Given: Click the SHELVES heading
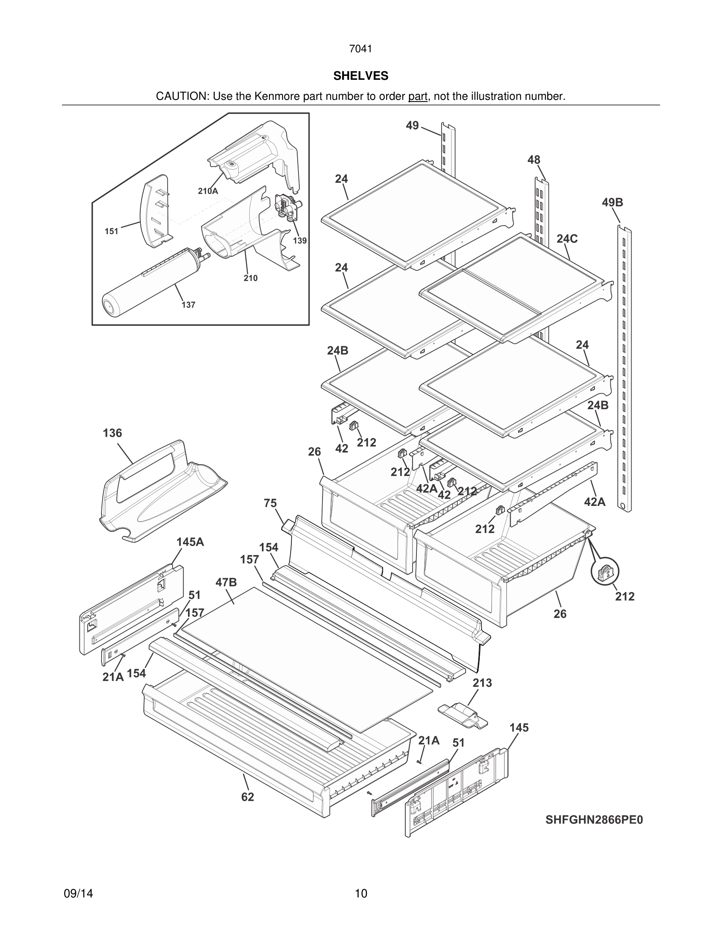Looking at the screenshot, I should [x=361, y=76].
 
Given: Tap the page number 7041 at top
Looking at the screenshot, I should [x=361, y=49].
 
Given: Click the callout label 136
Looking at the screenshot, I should [x=112, y=433].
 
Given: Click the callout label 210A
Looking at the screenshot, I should [x=208, y=191].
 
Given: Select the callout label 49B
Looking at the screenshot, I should [x=613, y=202].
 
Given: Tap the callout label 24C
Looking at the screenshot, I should [x=567, y=239].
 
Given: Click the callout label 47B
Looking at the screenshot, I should [x=226, y=582].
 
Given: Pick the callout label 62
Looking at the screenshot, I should [x=247, y=797].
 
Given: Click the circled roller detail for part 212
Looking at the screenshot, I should [x=605, y=571].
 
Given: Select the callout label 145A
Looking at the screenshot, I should [x=190, y=542].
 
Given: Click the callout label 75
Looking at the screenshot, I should [x=270, y=503].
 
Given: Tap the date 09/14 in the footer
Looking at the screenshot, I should [x=78, y=894].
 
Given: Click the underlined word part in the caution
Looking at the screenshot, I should [x=418, y=96].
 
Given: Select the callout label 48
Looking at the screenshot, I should [x=533, y=160].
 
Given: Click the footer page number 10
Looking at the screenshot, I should [x=361, y=894].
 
